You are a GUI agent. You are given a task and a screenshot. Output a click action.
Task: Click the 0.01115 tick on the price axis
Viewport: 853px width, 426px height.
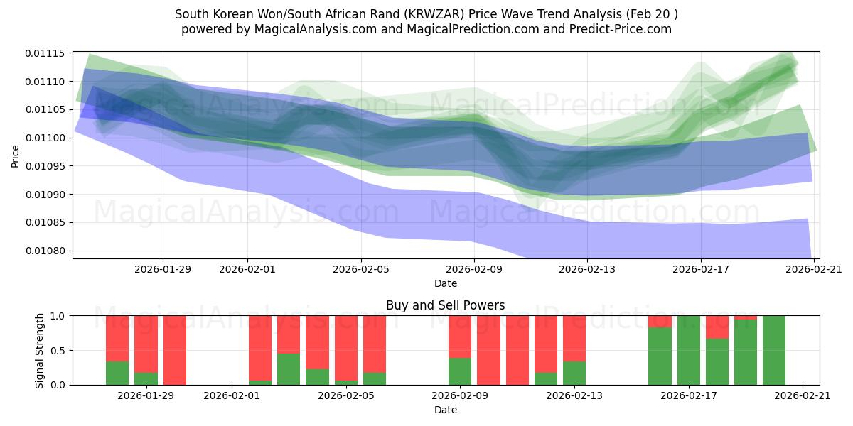[45, 53]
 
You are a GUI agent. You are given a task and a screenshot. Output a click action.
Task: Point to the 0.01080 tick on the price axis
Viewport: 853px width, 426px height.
[45, 251]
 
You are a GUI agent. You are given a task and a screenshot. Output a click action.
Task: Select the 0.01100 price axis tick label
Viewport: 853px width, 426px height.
[45, 138]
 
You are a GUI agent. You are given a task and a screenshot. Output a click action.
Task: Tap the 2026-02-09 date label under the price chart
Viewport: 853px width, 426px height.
[474, 269]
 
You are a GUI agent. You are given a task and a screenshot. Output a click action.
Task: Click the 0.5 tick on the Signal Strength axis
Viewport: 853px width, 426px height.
[58, 350]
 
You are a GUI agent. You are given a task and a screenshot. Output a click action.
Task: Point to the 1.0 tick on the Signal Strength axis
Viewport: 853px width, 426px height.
[58, 315]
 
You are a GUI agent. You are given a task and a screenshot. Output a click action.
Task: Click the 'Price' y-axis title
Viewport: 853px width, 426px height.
[16, 155]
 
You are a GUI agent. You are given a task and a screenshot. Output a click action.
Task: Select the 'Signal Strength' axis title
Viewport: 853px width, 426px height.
[40, 350]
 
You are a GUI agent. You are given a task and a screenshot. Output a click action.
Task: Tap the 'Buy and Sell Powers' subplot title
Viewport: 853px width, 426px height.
[446, 305]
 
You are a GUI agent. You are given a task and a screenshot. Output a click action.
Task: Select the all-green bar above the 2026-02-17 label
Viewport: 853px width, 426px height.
[689, 350]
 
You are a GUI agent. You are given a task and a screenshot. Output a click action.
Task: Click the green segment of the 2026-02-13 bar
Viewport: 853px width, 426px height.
[574, 373]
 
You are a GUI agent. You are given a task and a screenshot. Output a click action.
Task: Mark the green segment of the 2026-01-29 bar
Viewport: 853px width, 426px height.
[146, 378]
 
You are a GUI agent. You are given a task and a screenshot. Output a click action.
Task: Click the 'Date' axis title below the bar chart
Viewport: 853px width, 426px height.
[446, 410]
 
